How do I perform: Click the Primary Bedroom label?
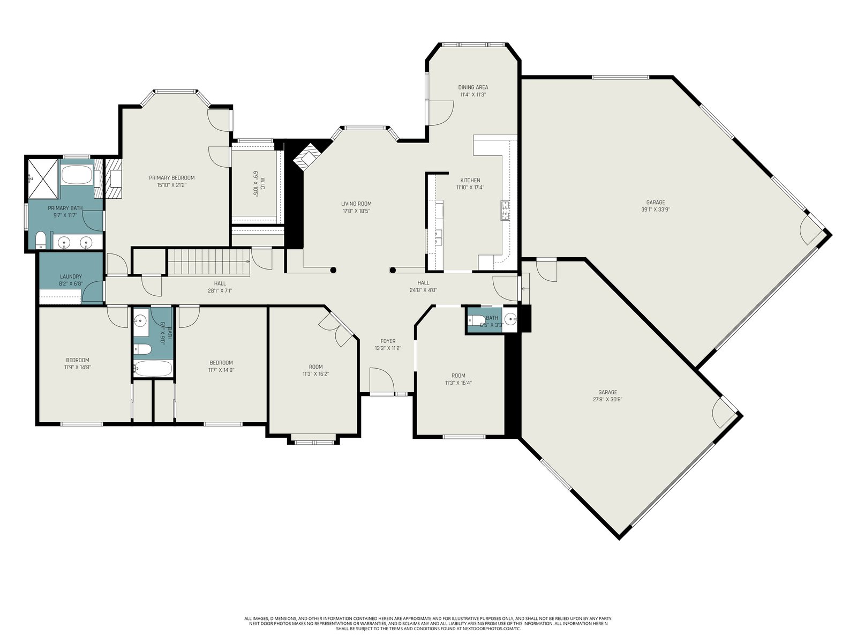pos(172,178)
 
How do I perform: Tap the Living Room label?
pos(356,204)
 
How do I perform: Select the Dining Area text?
pos(473,87)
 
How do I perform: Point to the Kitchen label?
pos(470,181)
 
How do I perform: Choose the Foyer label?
pos(388,341)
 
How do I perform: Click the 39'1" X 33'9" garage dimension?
pos(656,210)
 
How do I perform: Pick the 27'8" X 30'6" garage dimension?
pos(607,399)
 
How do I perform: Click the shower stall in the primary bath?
pos(42,177)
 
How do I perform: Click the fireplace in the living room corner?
pos(307,157)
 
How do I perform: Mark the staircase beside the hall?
pos(208,263)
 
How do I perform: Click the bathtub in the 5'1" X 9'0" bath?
pos(153,369)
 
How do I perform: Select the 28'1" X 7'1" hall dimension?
pos(220,290)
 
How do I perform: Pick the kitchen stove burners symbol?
pos(505,211)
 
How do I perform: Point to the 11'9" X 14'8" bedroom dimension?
pos(78,368)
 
